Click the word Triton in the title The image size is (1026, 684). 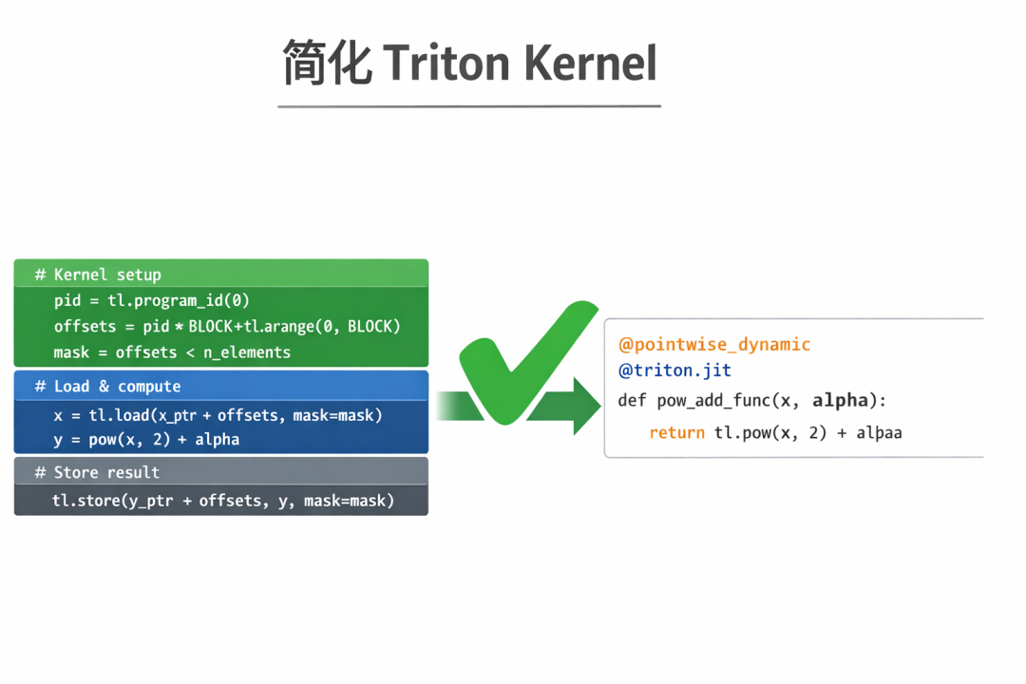(446, 63)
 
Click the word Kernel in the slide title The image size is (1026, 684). (590, 63)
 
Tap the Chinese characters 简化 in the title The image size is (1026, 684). (327, 63)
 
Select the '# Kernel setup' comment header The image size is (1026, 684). (98, 275)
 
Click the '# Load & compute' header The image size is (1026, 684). (107, 387)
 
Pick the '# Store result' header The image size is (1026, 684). (97, 472)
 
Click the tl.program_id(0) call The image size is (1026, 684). (179, 300)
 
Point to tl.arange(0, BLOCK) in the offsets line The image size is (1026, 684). (322, 327)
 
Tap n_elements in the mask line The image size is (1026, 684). (247, 352)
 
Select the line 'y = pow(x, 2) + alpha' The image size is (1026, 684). (146, 440)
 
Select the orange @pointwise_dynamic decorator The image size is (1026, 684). (714, 344)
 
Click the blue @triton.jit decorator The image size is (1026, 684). (674, 370)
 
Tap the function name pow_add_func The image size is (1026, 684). (713, 401)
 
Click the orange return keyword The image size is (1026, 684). (676, 432)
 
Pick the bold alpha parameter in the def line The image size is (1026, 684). (840, 401)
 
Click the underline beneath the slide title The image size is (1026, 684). (469, 106)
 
